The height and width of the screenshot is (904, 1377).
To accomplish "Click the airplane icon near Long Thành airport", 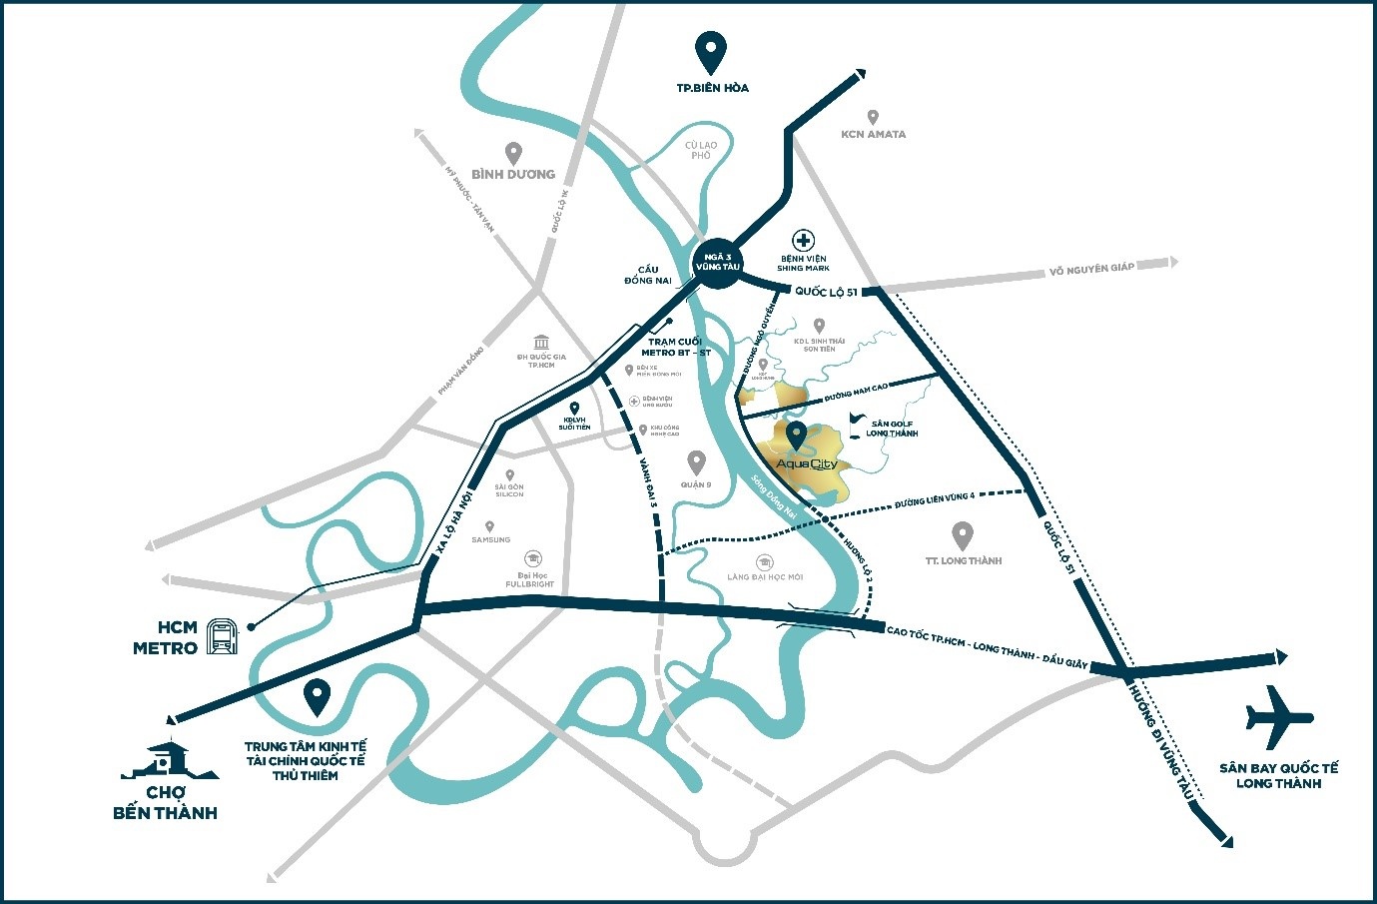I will tap(1279, 718).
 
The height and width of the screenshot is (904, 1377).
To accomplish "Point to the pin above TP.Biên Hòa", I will tap(710, 51).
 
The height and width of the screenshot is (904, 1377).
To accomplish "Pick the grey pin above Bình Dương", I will tap(513, 153).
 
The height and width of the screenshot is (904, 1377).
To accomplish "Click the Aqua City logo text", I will tap(806, 464).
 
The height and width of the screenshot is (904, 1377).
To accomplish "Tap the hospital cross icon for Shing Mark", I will tap(803, 240).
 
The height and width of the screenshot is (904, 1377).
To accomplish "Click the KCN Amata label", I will tap(873, 134).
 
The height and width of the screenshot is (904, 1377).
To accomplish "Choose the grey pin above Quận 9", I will tap(696, 462).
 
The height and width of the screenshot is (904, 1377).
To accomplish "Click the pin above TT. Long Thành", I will tap(963, 535).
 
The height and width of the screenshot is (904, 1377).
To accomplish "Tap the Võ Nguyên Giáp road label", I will tap(1091, 269).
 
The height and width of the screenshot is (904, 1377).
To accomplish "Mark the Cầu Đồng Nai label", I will tap(647, 275).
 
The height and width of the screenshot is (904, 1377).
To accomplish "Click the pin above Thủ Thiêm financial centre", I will tap(318, 697).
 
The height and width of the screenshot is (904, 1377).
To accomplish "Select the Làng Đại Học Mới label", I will tap(765, 577).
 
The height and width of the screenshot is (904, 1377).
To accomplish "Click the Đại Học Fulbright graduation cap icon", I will tap(533, 558).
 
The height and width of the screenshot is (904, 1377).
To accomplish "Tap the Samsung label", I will tap(490, 539).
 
